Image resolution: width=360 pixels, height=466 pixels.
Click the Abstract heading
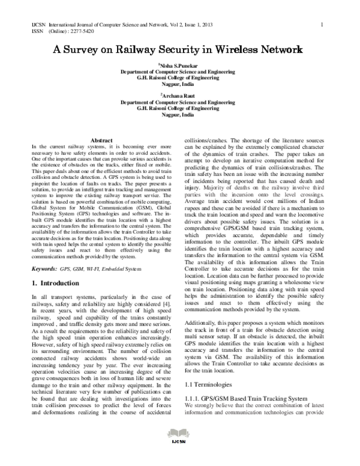pos(101,140)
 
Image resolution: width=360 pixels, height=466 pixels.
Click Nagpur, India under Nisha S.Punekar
pos(181,85)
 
